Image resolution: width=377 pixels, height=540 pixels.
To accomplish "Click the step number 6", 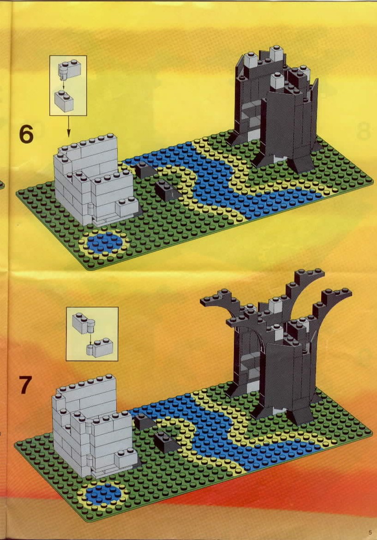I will tap(26, 134).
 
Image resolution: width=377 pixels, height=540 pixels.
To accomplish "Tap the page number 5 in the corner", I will tap(370, 532).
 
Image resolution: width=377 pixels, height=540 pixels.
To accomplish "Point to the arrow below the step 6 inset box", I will tap(68, 126).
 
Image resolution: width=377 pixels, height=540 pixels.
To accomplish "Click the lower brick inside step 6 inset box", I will tap(65, 101).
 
